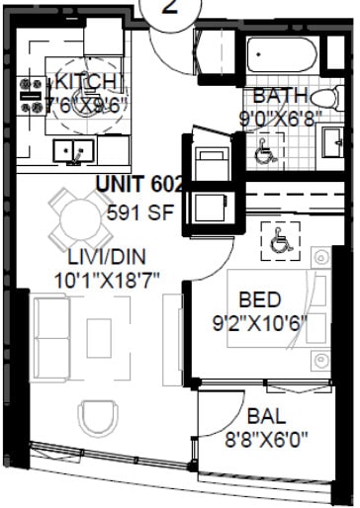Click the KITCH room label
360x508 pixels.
point(88,81)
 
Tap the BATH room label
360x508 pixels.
point(277,96)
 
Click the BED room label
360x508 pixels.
point(259,298)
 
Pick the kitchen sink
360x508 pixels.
point(72,150)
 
